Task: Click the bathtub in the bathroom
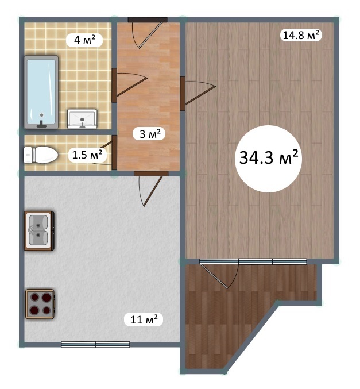(x=41, y=92)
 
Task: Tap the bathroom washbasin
(x=82, y=119)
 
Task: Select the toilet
(x=41, y=155)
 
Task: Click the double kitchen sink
(x=39, y=230)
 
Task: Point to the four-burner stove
(x=40, y=304)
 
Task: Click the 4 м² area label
(x=84, y=40)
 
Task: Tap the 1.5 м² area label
(x=87, y=155)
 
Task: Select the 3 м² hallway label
(x=149, y=134)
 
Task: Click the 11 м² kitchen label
(x=144, y=319)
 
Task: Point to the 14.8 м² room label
(x=301, y=35)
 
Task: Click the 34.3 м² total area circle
(x=268, y=159)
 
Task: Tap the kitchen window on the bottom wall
(x=95, y=344)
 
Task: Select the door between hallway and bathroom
(x=129, y=85)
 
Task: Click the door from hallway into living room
(x=198, y=94)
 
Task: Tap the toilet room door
(x=106, y=152)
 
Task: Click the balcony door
(x=219, y=274)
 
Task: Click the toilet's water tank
(x=28, y=155)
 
